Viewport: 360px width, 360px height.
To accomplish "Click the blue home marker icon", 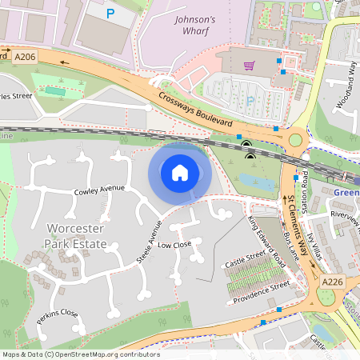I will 180,172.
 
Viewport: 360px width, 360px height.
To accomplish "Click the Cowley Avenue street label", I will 100,190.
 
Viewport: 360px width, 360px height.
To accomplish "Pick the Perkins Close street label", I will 58,317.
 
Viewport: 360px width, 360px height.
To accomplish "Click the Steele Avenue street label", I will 149,242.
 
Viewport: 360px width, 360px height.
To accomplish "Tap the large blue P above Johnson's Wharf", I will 110,14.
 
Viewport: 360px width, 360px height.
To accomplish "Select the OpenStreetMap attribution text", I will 81,354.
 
